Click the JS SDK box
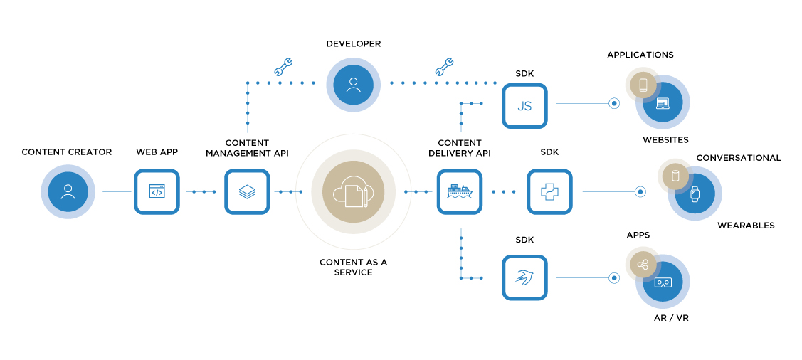[x=524, y=106]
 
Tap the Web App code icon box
[x=157, y=192]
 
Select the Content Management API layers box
[x=247, y=192]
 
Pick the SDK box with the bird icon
[x=524, y=277]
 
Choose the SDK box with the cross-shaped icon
[x=550, y=192]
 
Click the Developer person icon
[x=354, y=85]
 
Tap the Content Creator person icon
[x=68, y=192]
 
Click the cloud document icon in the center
[x=354, y=192]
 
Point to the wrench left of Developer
[x=283, y=67]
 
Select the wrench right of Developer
[x=444, y=67]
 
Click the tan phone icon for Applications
[x=643, y=85]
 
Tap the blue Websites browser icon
[x=663, y=102]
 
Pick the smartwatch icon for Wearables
[x=695, y=194]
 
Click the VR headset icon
[x=663, y=282]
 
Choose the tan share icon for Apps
[x=643, y=265]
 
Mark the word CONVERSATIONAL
[x=739, y=158]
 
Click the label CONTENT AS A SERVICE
[x=354, y=268]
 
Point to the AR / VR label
[x=671, y=318]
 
